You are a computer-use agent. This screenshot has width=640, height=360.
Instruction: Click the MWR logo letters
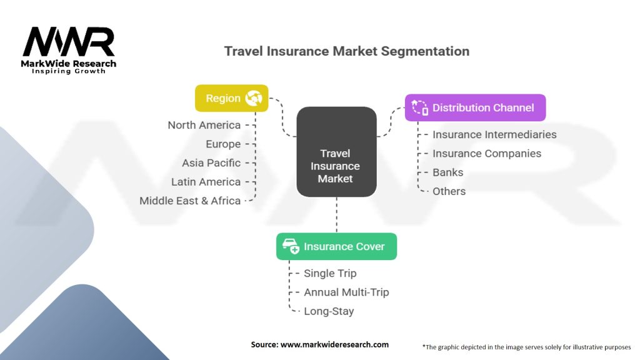pos(69,42)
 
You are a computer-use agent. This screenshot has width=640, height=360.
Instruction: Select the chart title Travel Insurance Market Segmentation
pos(346,51)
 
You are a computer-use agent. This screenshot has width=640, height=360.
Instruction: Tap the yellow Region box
pos(231,98)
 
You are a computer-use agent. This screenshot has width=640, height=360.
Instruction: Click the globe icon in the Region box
pos(254,98)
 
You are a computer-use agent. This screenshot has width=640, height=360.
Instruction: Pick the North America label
pos(204,125)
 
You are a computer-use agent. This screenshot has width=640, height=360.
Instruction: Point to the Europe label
pos(223,144)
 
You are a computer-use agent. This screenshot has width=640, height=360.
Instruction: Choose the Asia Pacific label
pos(211,163)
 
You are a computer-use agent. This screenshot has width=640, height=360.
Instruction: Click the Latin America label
pos(206,182)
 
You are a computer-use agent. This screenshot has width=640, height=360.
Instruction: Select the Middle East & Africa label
pos(190,201)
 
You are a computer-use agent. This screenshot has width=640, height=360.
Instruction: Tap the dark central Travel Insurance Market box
pos(336,152)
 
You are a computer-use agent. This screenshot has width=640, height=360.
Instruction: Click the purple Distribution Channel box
pos(475,107)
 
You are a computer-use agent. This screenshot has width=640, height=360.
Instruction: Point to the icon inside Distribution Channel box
pos(419,107)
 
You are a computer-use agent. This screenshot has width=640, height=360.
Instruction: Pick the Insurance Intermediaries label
pos(494,135)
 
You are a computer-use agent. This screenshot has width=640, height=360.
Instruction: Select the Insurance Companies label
pos(487,154)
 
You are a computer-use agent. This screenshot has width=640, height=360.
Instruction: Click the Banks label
pos(447,172)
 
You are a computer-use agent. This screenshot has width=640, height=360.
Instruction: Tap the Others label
pos(449,191)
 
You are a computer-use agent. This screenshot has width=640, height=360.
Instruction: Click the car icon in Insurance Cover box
pos(291,246)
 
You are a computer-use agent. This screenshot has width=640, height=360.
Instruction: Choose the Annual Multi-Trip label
pos(346,292)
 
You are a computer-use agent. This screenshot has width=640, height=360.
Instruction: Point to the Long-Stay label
pos(329,311)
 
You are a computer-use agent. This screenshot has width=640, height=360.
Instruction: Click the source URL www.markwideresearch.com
pos(335,344)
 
